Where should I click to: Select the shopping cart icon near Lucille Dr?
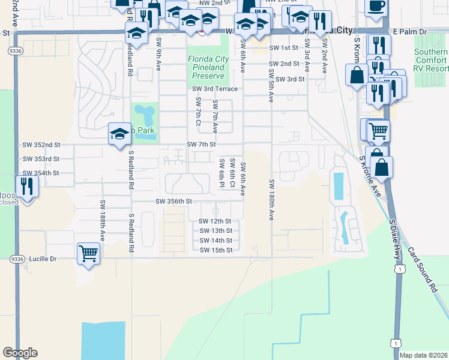click(x=88, y=253)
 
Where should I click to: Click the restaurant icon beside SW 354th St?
click(x=27, y=186)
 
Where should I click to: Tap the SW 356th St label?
click(x=173, y=202)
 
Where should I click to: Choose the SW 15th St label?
click(x=215, y=250)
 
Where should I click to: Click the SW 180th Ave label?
click(x=271, y=200)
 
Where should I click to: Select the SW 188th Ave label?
click(x=102, y=220)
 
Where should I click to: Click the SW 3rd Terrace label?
click(x=215, y=89)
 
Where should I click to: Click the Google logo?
click(x=20, y=353)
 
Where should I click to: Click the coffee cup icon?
click(x=376, y=6)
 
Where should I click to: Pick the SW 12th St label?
click(x=215, y=221)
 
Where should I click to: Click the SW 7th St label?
click(x=201, y=145)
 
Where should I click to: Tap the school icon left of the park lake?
click(x=119, y=134)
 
